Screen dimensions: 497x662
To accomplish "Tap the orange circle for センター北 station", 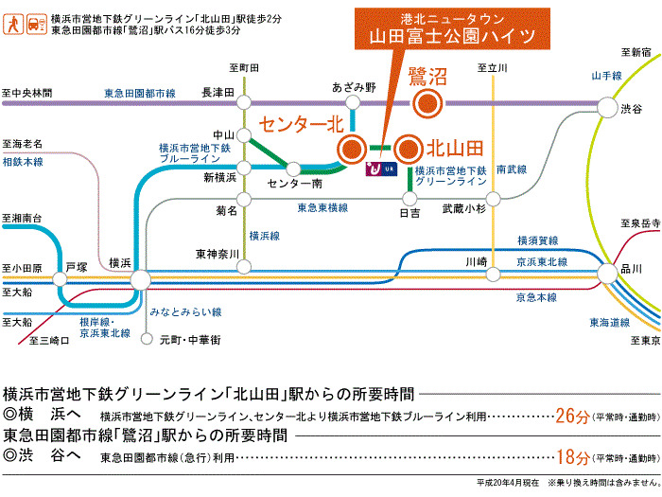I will [352, 149].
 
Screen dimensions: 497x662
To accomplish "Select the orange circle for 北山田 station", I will [408, 149].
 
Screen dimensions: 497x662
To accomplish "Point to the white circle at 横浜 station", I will [140, 279].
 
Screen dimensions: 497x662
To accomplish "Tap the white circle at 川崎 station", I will [491, 275].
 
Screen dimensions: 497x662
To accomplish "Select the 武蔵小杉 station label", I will [463, 209].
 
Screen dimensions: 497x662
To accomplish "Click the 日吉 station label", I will [409, 214].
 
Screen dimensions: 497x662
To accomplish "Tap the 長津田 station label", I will [217, 92].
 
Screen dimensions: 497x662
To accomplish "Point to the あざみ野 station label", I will [354, 87].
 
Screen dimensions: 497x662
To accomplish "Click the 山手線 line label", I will [604, 75].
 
